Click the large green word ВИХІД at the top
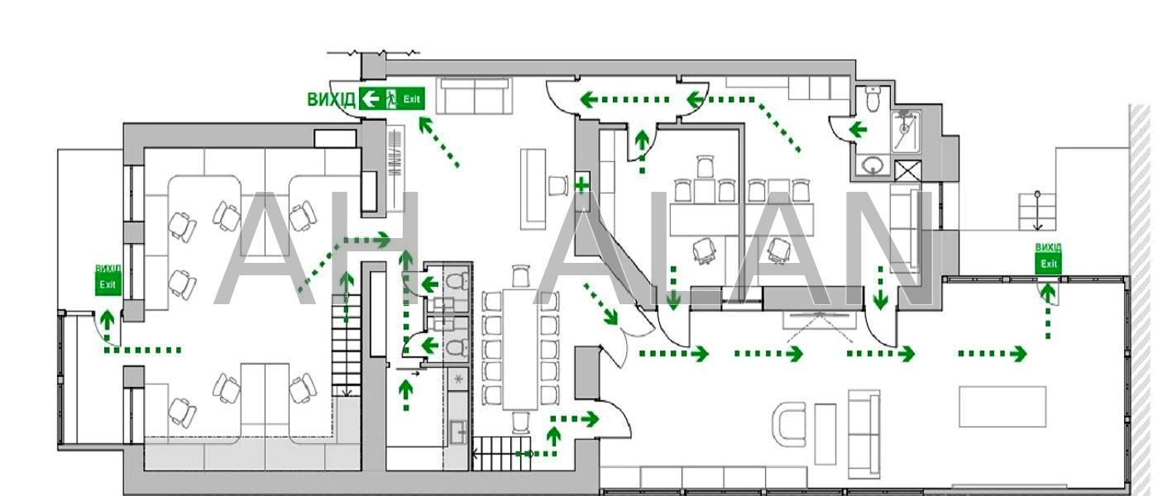pos(331,99)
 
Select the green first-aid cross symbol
pos(581,184)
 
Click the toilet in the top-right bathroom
pos(872,100)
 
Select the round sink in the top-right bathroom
pos(872,166)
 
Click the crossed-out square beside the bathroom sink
pos(908,172)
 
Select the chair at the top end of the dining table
pos(520,275)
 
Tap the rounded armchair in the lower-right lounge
pos(789,423)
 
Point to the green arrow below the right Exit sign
pos(1048,306)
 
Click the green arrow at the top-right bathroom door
pos(857,129)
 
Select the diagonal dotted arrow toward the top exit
pos(438,141)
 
